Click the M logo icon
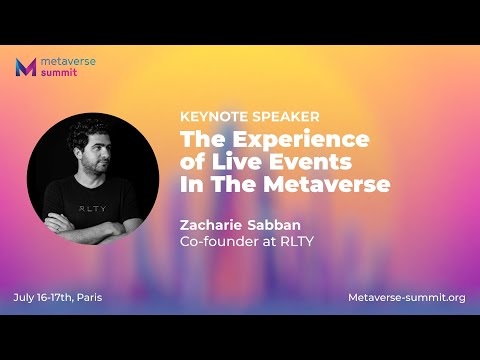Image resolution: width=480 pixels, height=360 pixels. coord(27,68)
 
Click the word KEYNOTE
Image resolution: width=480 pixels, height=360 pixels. coord(209,115)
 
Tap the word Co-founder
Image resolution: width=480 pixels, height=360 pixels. coord(219,243)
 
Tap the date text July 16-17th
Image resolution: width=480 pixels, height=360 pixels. coord(44,298)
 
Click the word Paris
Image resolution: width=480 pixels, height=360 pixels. coord(89,298)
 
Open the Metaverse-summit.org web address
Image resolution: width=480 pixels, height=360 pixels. coord(406,298)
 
